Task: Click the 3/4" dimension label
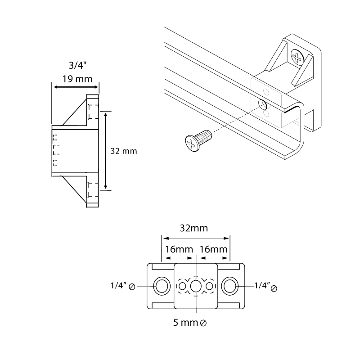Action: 74,65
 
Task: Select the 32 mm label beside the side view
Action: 123,151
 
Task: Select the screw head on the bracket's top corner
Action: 297,57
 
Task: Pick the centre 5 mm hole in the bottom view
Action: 196,286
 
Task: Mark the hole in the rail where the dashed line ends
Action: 262,105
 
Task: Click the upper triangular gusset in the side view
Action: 76,113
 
